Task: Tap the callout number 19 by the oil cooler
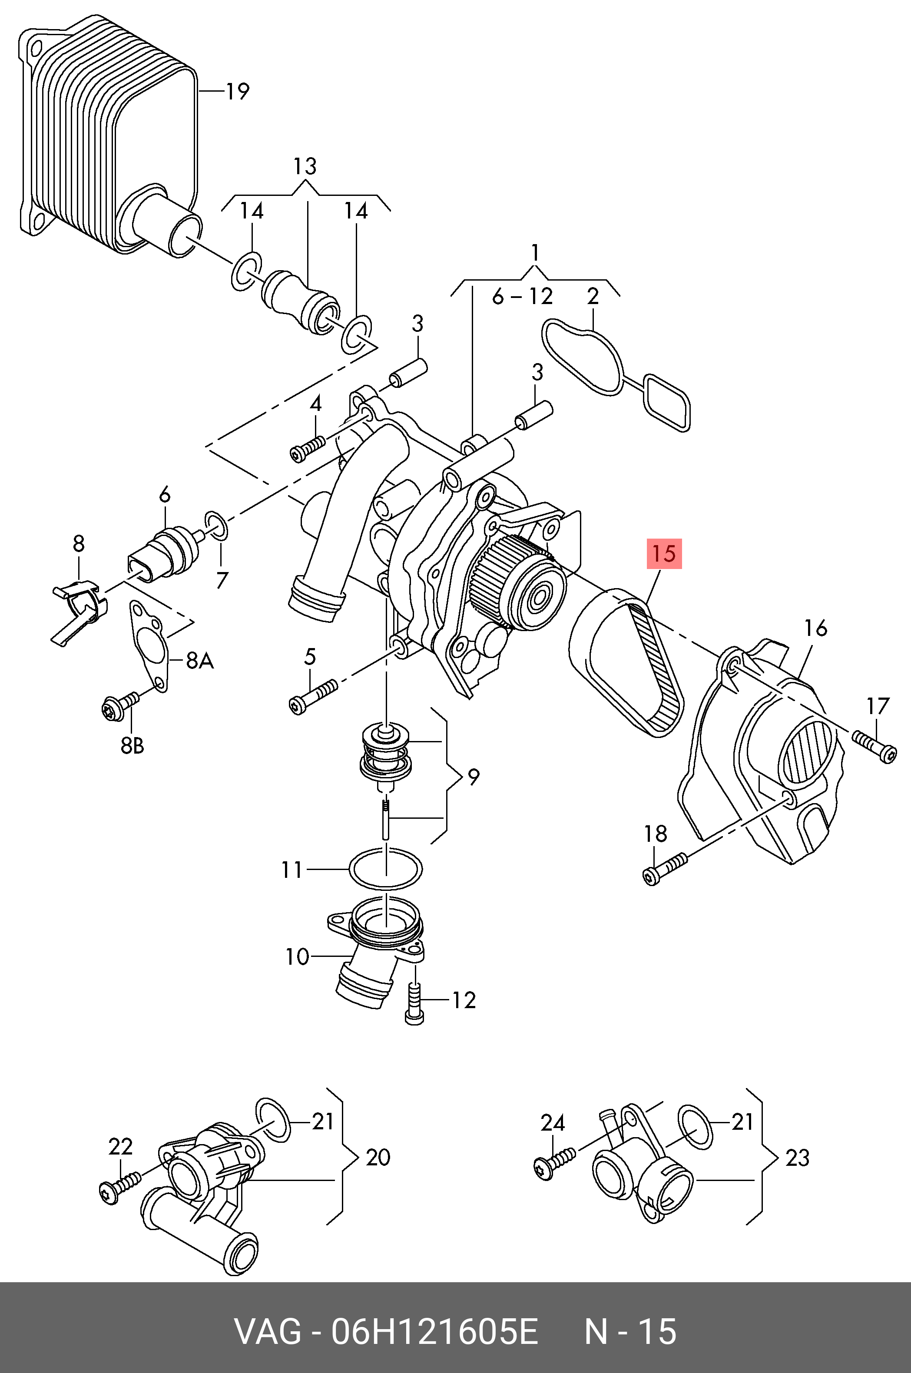(237, 91)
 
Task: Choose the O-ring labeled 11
(386, 868)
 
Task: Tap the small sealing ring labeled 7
(217, 525)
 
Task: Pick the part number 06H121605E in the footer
(434, 1331)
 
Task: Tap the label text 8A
(199, 660)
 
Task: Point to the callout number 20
(378, 1157)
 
